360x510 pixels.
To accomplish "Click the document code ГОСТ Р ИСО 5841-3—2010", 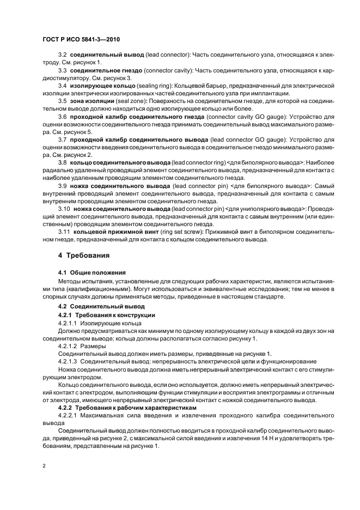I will click(x=81, y=40).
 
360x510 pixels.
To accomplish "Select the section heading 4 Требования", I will click(x=84, y=255).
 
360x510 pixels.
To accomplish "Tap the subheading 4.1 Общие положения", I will click(x=91, y=272).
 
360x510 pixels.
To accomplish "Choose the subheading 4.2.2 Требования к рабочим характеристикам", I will click(x=125, y=407).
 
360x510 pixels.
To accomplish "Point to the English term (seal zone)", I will click(x=132, y=101).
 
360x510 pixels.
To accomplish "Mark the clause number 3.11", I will click(x=64, y=231).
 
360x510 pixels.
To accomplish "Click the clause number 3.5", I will click(x=62, y=101).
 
